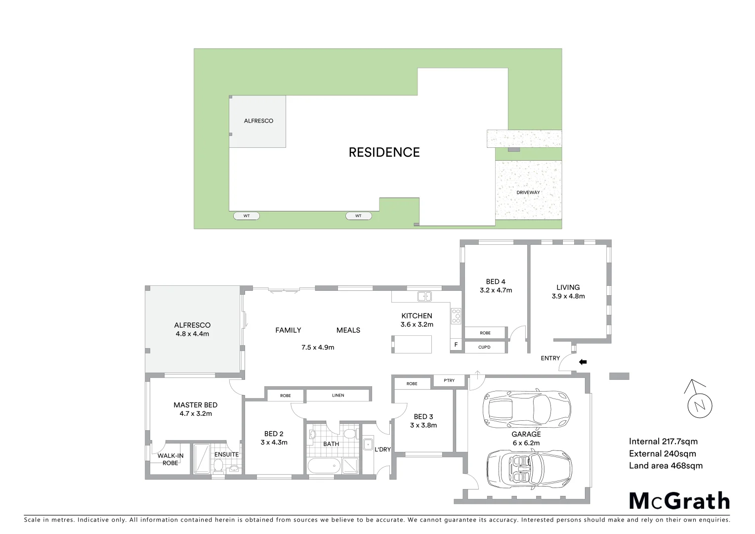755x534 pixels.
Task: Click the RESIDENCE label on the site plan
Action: (384, 152)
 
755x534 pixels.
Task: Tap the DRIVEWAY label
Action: (528, 192)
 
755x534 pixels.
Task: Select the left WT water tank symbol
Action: (247, 216)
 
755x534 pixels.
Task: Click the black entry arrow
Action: (583, 362)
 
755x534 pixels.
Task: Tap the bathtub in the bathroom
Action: (324, 465)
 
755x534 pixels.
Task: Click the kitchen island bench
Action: (412, 344)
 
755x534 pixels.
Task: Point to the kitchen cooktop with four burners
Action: (456, 316)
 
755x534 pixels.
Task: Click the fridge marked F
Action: (456, 345)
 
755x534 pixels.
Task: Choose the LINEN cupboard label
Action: (338, 395)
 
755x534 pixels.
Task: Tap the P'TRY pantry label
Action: (449, 380)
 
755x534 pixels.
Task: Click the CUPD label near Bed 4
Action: (484, 347)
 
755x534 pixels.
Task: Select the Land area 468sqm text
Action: (666, 465)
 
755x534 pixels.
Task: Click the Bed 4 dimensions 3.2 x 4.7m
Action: (496, 290)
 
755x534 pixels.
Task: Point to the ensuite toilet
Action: (218, 465)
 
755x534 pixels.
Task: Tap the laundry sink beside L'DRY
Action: (368, 444)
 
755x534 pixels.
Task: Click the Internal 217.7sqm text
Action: (663, 442)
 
